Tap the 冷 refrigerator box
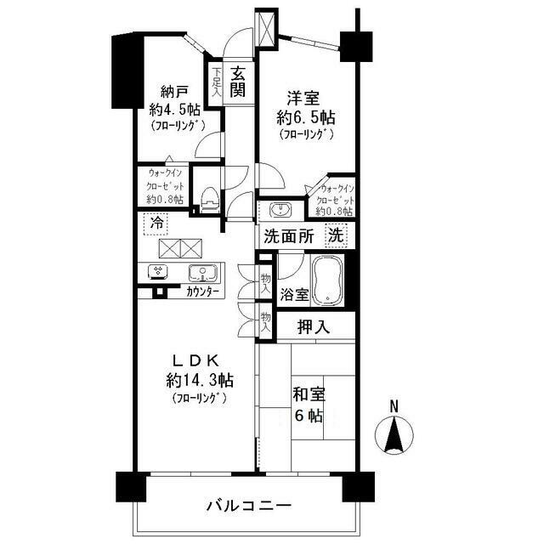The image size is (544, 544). [x=156, y=223]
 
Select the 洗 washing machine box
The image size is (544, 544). [x=336, y=236]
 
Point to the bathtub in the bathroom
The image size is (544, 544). [x=326, y=280]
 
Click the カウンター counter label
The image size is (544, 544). [x=202, y=292]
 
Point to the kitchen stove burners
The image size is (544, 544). [x=158, y=272]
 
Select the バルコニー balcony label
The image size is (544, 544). [x=249, y=505]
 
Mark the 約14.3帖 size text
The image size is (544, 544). [x=201, y=379]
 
